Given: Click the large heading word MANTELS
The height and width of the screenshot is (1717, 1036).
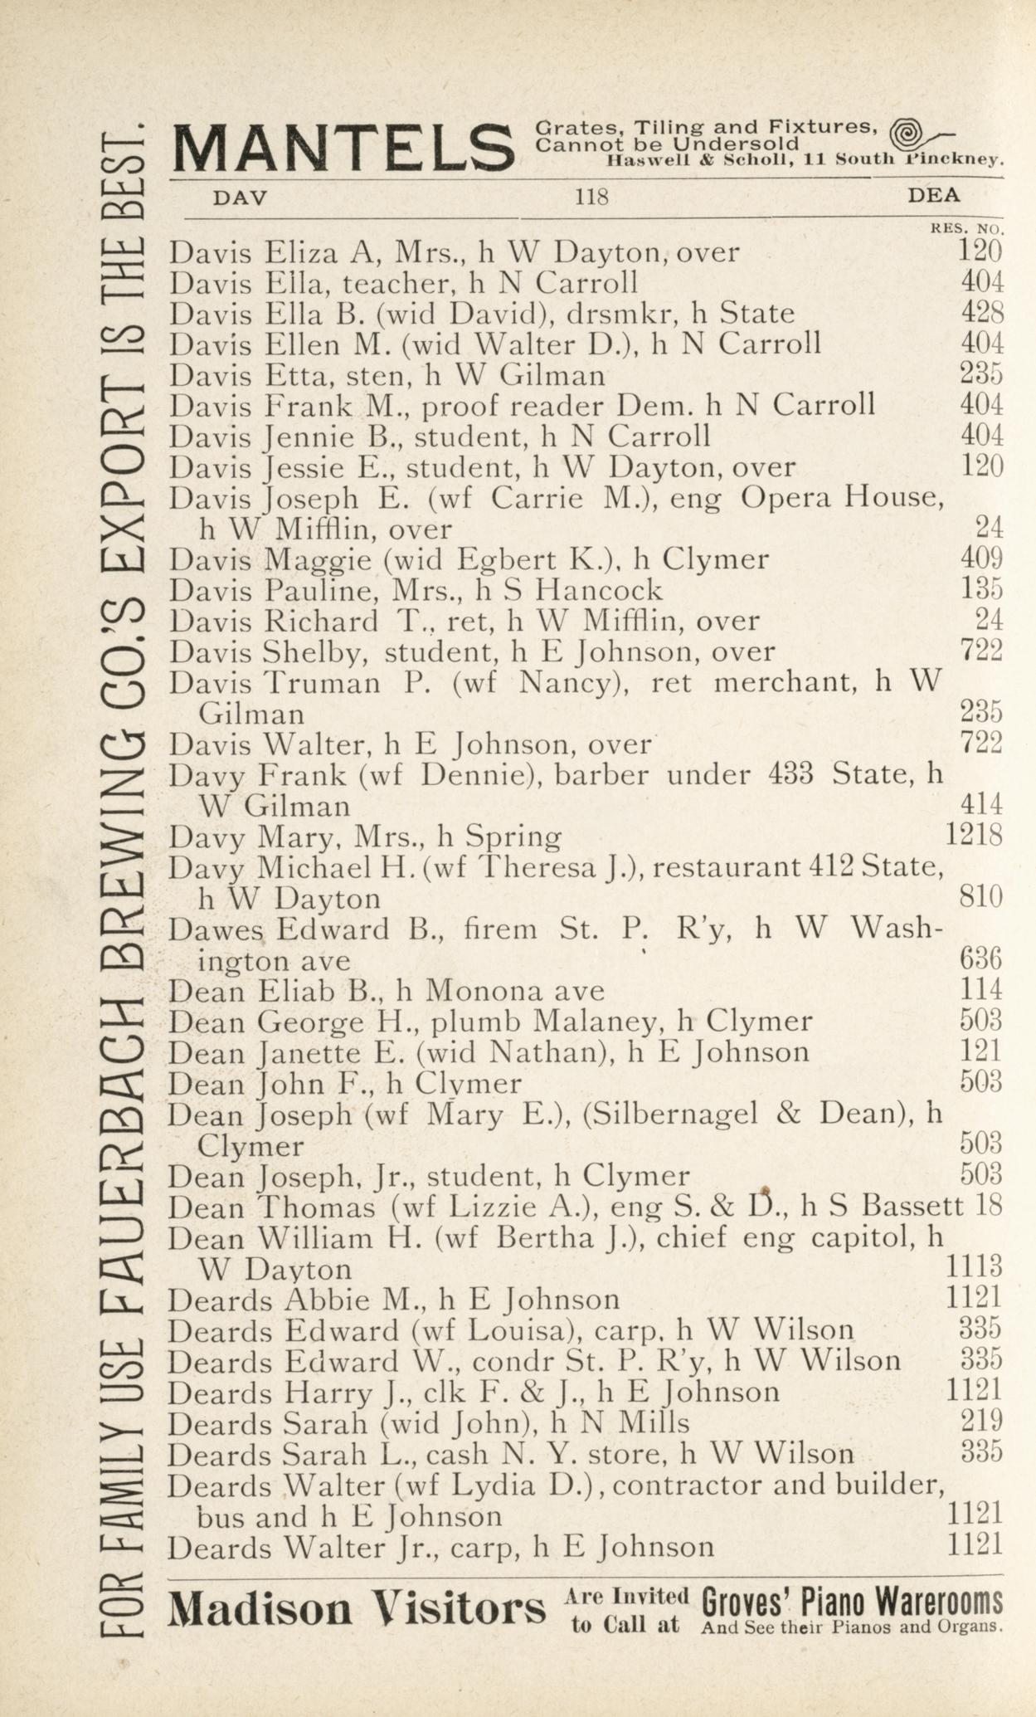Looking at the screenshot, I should pyautogui.click(x=343, y=148).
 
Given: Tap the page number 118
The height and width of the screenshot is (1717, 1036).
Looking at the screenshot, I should pyautogui.click(x=592, y=197).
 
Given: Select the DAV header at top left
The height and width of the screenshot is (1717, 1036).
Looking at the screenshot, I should pyautogui.click(x=241, y=198).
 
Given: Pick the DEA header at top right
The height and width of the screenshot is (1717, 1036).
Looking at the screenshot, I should pyautogui.click(x=934, y=196).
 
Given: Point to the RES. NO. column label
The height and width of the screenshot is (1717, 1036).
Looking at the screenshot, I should pyautogui.click(x=968, y=228).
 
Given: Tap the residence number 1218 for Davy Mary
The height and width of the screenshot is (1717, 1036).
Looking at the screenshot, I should pyautogui.click(x=974, y=836).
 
